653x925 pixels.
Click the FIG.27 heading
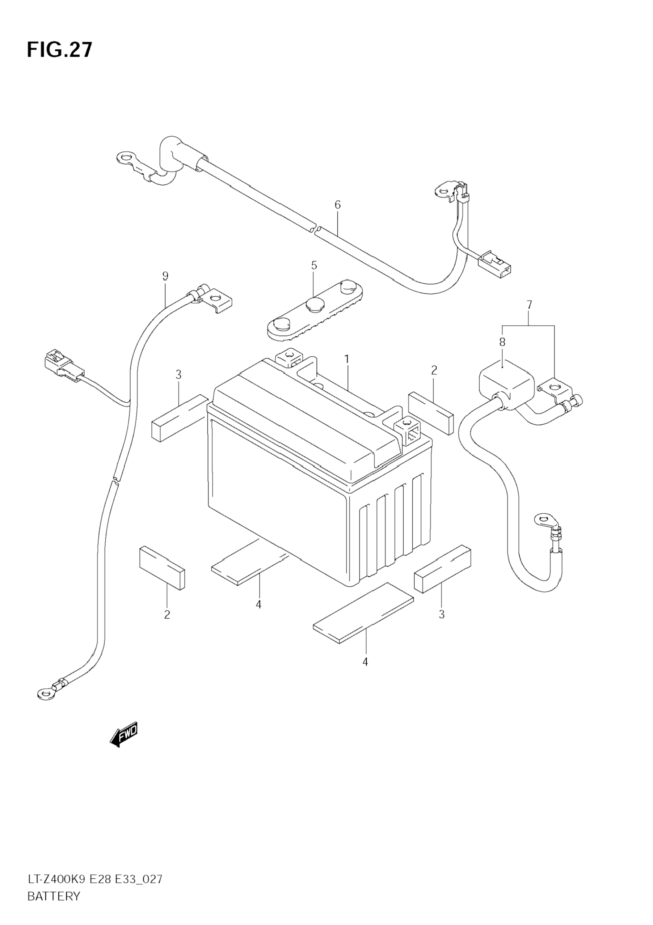(60, 50)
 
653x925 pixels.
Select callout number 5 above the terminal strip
(314, 266)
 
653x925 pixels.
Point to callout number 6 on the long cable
(337, 205)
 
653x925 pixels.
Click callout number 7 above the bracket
(529, 305)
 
